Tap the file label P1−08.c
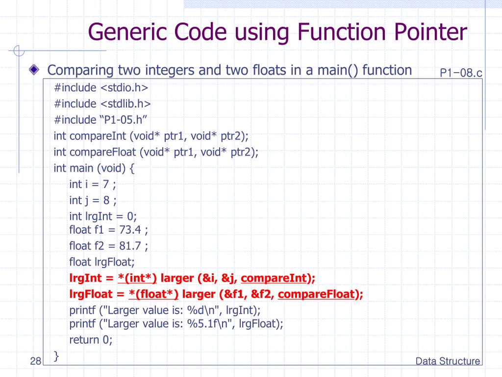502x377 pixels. (x=461, y=73)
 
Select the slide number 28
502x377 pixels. (x=35, y=362)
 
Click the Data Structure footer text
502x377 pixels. (x=448, y=361)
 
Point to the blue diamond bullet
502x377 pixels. (x=33, y=70)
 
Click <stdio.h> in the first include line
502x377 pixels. (x=125, y=87)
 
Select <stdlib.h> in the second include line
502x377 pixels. (x=125, y=104)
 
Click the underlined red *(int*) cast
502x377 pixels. (x=137, y=278)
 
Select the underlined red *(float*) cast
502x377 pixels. (x=154, y=294)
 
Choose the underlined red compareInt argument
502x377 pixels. (x=274, y=278)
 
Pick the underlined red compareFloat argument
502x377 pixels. (x=316, y=294)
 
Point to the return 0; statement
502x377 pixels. (x=91, y=340)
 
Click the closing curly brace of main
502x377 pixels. (x=56, y=355)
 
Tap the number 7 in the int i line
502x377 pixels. (x=105, y=184)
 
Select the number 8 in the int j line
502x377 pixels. (x=106, y=200)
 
